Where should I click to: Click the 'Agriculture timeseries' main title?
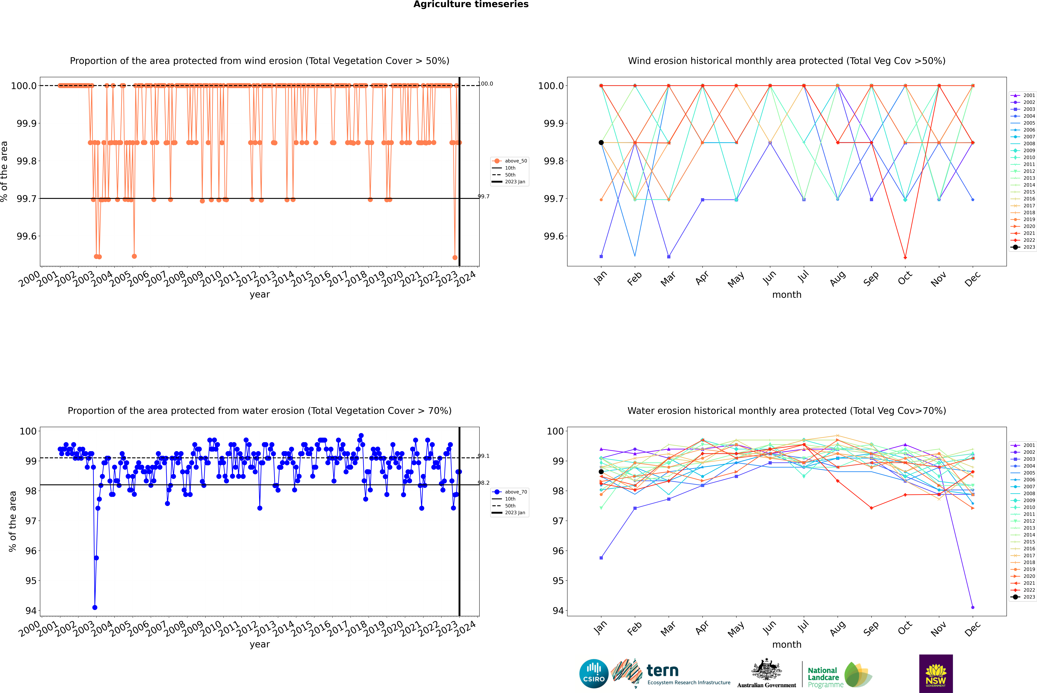tap(471, 4)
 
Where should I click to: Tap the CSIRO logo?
tap(594, 674)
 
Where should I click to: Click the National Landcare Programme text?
tap(823, 677)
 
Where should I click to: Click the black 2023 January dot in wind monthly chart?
tap(601, 142)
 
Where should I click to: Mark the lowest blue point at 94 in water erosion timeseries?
tap(95, 607)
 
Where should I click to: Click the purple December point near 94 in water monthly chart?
tap(972, 607)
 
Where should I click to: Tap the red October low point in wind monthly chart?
tap(905, 257)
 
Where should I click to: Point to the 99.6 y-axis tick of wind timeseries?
tap(27, 236)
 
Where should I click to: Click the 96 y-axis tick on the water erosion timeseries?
tap(31, 551)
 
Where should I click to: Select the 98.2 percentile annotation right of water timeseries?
tap(484, 483)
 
